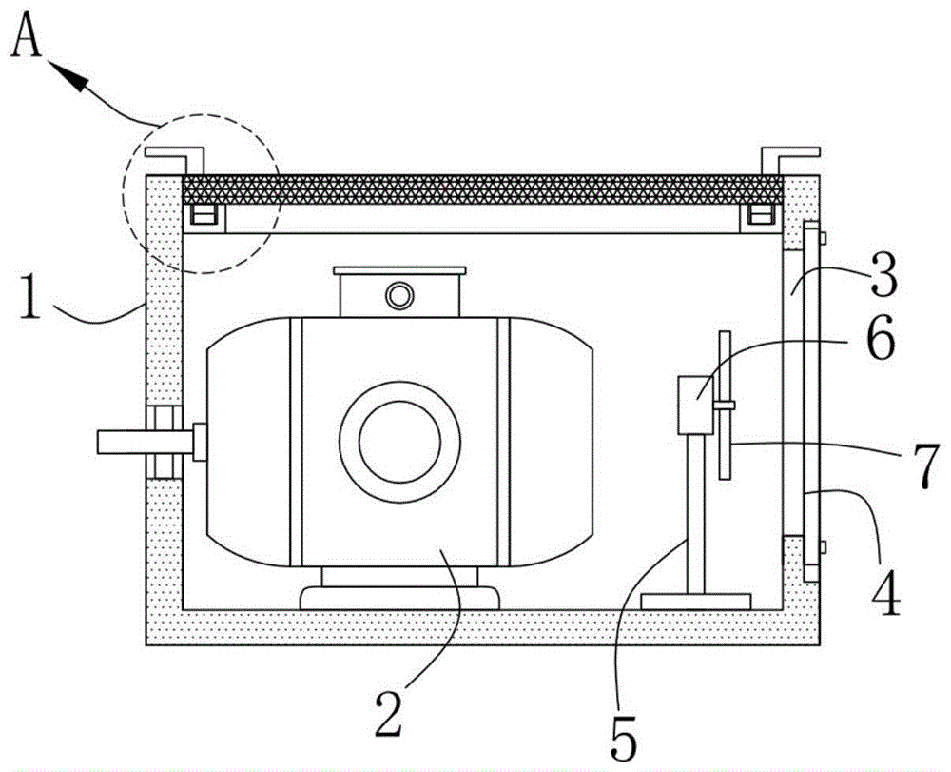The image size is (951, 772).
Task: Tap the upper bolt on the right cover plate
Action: click(x=822, y=236)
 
